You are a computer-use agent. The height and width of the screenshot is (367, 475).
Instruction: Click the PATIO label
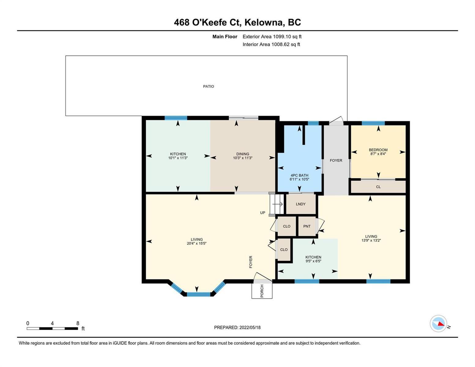(x=208, y=86)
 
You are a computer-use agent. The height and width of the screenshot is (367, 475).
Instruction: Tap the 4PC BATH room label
(x=299, y=175)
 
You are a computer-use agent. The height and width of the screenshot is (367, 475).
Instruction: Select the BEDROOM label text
(x=378, y=150)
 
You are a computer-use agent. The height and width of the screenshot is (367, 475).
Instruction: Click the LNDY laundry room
(x=301, y=204)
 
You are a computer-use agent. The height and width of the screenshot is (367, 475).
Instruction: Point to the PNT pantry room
(x=307, y=226)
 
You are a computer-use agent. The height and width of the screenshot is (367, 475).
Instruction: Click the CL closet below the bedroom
(x=378, y=187)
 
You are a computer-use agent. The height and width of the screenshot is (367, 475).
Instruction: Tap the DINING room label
(x=243, y=154)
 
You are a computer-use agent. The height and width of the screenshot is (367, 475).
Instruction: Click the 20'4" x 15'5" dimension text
(x=196, y=243)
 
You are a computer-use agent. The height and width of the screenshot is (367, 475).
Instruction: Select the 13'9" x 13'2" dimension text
(x=371, y=240)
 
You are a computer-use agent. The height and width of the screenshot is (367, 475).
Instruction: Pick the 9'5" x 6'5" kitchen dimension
(x=313, y=261)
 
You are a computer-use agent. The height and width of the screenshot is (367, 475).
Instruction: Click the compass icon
(x=438, y=324)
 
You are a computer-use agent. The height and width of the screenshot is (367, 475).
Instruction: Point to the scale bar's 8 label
(x=78, y=323)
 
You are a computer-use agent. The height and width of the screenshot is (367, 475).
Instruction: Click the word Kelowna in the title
(x=263, y=23)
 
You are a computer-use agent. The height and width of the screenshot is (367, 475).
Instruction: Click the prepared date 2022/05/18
(x=250, y=328)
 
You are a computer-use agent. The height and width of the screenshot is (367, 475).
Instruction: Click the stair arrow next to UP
(x=277, y=204)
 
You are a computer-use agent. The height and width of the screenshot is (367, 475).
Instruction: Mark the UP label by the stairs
(x=262, y=213)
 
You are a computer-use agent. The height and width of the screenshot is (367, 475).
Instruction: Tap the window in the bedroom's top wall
(x=373, y=123)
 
